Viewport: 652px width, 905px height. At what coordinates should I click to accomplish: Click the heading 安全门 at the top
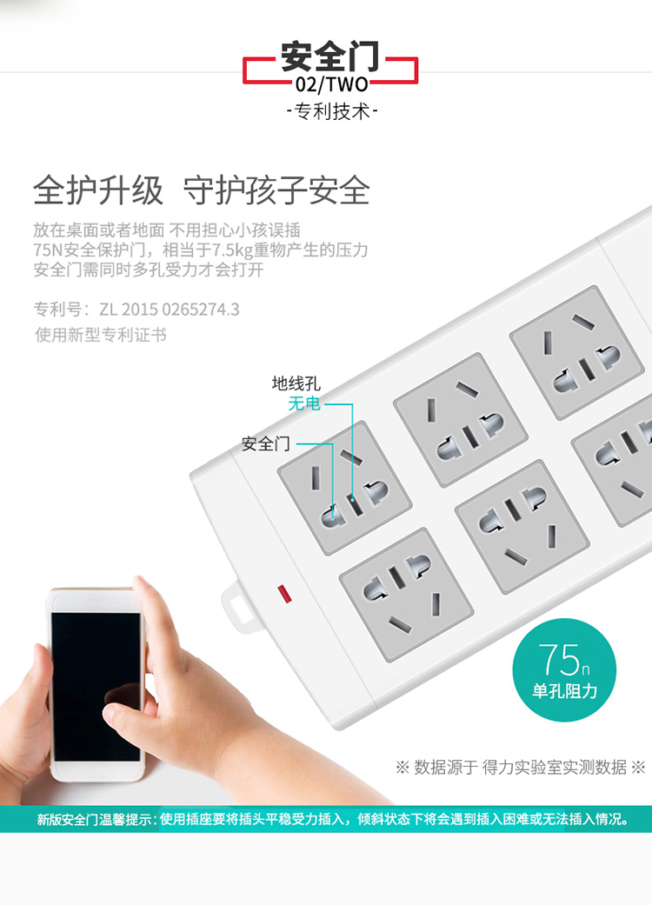pos(330,56)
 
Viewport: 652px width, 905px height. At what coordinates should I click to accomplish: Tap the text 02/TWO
pos(332,85)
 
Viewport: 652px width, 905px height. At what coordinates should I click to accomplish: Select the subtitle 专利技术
pos(332,110)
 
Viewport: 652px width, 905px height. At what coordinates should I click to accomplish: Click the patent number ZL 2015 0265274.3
pos(169,309)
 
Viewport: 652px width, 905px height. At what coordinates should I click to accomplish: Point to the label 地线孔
pos(296,383)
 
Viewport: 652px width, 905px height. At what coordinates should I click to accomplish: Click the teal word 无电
pos(304,403)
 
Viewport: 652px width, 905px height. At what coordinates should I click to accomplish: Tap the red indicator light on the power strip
pos(284,594)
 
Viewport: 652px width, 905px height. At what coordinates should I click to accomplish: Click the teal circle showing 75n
pos(564,669)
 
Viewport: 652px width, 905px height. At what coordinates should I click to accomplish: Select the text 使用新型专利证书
pos(100,335)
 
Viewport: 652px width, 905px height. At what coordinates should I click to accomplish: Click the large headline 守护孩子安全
pos(276,190)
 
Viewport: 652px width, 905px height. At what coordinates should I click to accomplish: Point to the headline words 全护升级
pos(98,190)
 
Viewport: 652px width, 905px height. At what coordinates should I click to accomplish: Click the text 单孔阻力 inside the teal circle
pos(564,691)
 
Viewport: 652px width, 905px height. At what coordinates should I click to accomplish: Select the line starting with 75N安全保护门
pos(201,250)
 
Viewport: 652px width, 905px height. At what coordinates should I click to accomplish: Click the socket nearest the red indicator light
pos(406,595)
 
